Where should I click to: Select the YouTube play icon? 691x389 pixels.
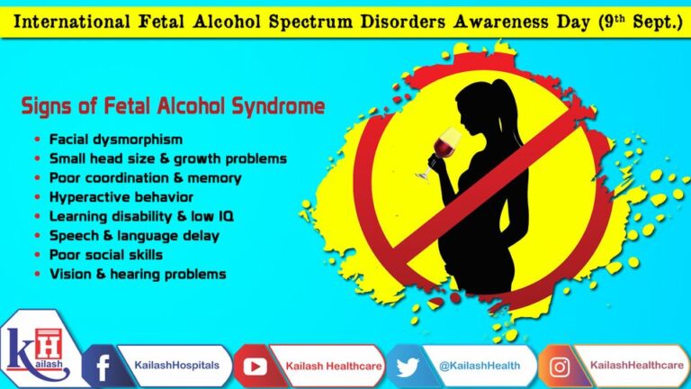254,366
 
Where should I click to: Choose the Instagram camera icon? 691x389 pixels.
560,366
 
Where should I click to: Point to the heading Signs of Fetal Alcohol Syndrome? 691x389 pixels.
173,107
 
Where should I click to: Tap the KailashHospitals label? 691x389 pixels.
171,366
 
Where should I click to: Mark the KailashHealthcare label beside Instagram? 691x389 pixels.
631,366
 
